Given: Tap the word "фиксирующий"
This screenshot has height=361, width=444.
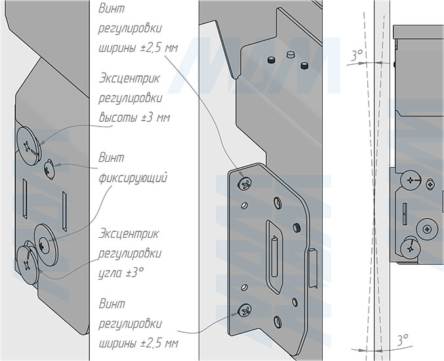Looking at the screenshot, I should pos(133,178).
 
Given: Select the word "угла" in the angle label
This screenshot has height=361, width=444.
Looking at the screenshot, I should pos(112,271).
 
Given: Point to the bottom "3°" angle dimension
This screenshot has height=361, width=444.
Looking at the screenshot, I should pos(402,338).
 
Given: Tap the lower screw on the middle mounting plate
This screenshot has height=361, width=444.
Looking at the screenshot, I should pos(246,312).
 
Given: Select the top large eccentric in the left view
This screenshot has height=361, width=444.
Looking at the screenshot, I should pos(29,142).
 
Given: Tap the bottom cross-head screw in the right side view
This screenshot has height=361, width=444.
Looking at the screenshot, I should pos(411,248).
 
